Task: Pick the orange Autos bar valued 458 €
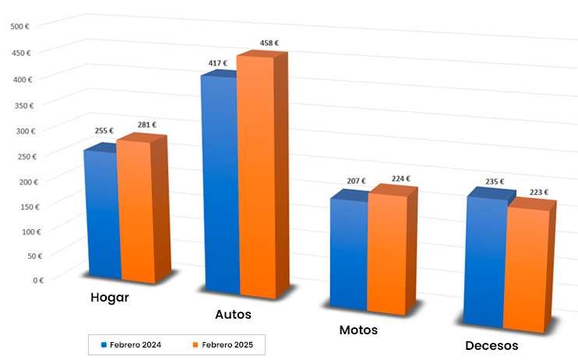point(256,176)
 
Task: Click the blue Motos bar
point(348,253)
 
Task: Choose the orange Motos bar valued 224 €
point(387,253)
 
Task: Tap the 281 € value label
point(146,124)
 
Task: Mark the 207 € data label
point(356,181)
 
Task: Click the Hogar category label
point(110,298)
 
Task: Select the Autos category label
point(233,315)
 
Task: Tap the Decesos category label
point(492,346)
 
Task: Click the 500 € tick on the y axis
point(20,26)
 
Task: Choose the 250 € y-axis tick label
point(25,157)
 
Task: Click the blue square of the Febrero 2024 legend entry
point(102,344)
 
